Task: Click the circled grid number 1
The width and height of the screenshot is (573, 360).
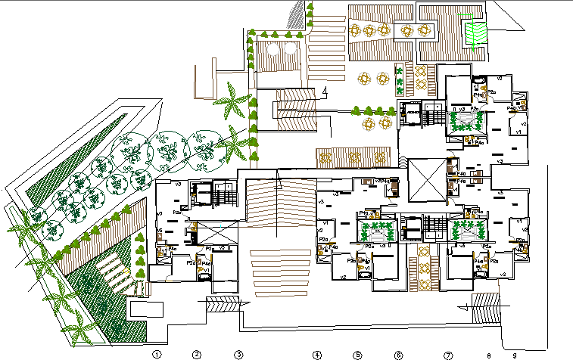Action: pyautogui.click(x=157, y=354)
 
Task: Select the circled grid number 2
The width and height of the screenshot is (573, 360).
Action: pyautogui.click(x=196, y=354)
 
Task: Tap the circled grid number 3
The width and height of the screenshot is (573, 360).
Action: pyautogui.click(x=238, y=354)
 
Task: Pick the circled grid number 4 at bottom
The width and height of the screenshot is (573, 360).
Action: pyautogui.click(x=317, y=354)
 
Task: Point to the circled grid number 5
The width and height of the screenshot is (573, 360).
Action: pyautogui.click(x=357, y=354)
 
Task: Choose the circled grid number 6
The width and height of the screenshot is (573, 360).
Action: pyautogui.click(x=397, y=354)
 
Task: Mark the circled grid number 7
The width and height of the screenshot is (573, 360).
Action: pyautogui.click(x=447, y=354)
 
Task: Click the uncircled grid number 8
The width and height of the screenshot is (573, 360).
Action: pyautogui.click(x=490, y=354)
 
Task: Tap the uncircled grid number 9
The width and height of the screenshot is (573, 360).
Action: pyautogui.click(x=514, y=354)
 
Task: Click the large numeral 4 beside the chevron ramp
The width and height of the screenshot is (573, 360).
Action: pyautogui.click(x=324, y=92)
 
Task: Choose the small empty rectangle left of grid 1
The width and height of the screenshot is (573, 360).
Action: pyautogui.click(x=147, y=309)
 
